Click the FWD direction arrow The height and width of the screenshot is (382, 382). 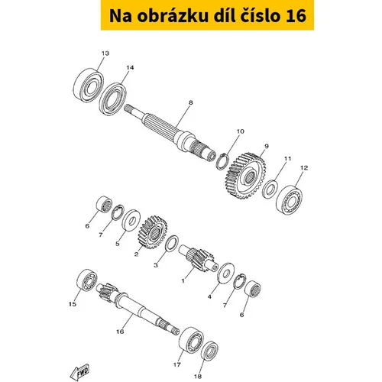(79, 371)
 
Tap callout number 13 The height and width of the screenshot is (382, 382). (105, 53)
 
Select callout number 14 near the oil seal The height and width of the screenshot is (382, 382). (130, 68)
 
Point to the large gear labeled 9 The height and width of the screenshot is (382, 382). (245, 176)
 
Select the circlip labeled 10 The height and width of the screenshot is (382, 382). (222, 162)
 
